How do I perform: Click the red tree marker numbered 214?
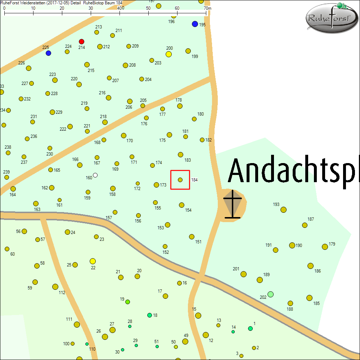click(82, 41)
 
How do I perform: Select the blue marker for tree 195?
click(195, 24)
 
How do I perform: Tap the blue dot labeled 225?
click(48, 53)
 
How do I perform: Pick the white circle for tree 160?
click(95, 175)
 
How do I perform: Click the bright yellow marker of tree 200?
click(168, 54)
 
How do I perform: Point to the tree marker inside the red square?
click(180, 180)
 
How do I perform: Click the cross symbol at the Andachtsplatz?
click(233, 204)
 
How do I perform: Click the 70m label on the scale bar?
click(207, 8)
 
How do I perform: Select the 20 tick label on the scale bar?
click(62, 8)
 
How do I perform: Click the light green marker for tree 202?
click(271, 294)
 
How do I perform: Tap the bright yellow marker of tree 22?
click(93, 261)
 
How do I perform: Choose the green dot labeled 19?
click(127, 302)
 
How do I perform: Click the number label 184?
click(194, 180)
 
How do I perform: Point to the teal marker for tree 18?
click(149, 315)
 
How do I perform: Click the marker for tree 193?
click(284, 210)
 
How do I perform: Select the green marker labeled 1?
click(250, 328)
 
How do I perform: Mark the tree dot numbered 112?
click(55, 287)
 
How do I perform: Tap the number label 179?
click(332, 244)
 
